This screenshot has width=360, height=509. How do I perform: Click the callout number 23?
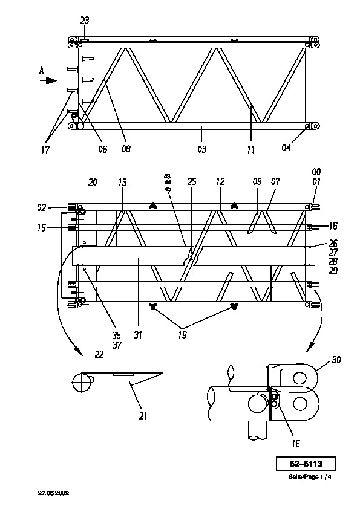point(85,21)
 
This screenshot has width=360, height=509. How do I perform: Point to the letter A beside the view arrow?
point(42,71)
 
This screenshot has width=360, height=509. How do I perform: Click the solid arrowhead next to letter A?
point(51,80)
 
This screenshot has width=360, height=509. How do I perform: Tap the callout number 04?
point(286,148)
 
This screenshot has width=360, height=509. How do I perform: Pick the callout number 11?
point(251,149)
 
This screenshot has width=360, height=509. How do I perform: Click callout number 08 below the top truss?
point(126,149)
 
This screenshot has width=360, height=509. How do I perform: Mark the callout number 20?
point(93,182)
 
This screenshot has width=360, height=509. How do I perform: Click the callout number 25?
point(192,181)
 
